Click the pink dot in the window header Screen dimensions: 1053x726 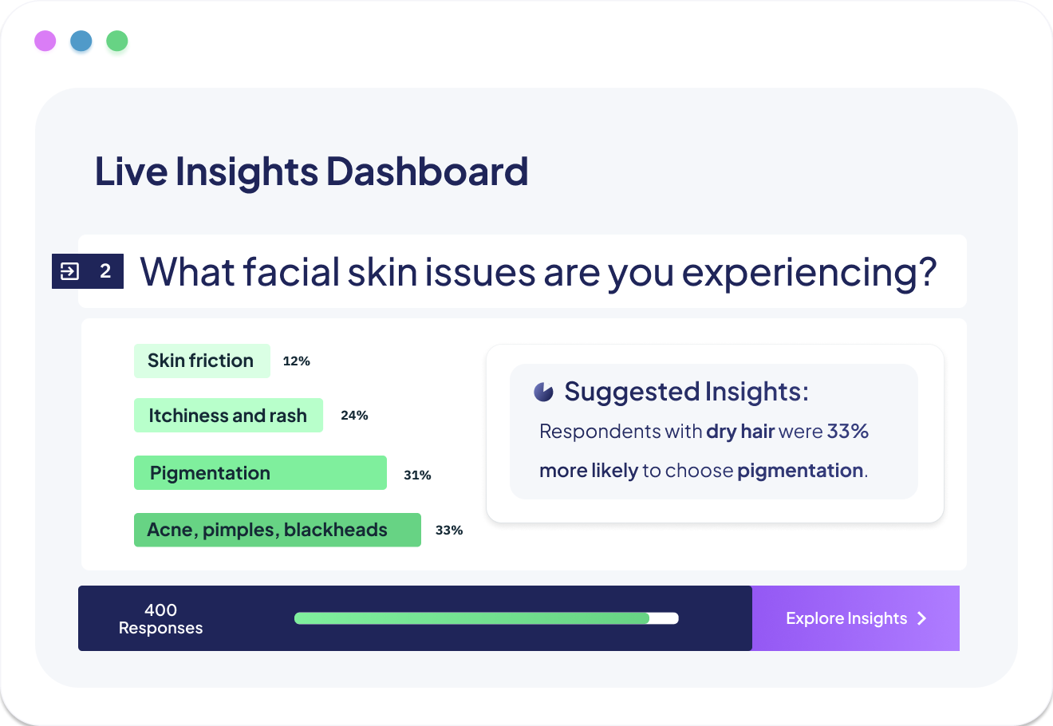point(45,41)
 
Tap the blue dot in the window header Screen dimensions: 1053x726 point(81,41)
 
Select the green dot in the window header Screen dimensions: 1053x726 point(117,41)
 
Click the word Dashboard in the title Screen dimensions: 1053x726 point(427,172)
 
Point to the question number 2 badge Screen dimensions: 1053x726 point(88,271)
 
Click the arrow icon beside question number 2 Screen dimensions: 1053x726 point(69,271)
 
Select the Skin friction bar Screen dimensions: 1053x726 point(202,361)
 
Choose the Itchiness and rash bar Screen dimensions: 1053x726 point(228,415)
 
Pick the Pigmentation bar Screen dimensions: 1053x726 point(260,472)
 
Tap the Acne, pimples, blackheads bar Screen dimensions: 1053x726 point(278,530)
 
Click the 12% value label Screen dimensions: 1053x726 point(296,361)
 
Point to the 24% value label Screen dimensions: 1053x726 point(354,415)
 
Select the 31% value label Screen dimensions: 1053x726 point(417,475)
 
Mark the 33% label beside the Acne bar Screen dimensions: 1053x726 point(449,531)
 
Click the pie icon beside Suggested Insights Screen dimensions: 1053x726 point(543,392)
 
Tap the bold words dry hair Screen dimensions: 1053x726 point(740,432)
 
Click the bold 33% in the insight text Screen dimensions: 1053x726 point(847,431)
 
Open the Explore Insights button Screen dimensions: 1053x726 point(855,618)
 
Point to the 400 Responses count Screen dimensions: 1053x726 point(161,619)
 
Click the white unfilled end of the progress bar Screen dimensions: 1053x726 point(664,618)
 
